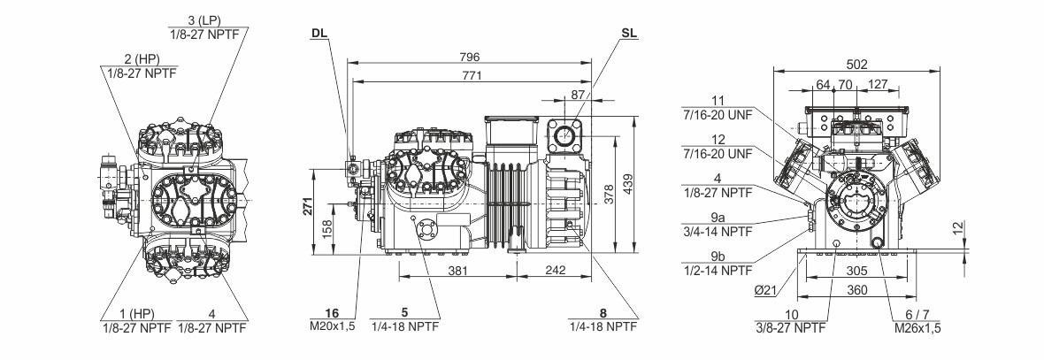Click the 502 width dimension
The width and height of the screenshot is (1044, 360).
(856, 64)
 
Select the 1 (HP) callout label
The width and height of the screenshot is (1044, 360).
(136, 313)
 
